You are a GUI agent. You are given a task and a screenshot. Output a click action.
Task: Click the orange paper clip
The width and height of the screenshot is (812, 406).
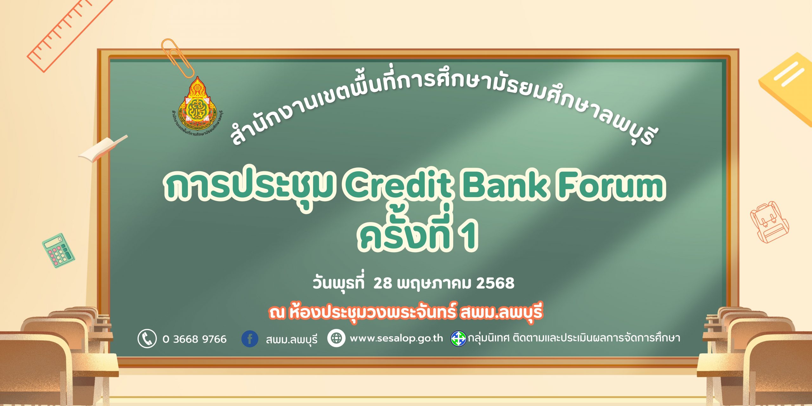tap(178, 57)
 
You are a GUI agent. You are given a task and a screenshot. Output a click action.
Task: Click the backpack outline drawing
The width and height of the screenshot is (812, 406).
tap(769, 222)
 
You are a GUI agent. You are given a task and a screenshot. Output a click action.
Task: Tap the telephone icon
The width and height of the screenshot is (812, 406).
tap(147, 338)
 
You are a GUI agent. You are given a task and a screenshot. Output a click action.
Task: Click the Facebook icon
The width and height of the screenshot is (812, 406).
tap(250, 338)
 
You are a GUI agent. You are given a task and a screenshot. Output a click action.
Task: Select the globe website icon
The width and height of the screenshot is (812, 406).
tap(336, 338)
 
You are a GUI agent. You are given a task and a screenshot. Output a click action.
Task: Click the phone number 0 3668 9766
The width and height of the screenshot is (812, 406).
tap(194, 339)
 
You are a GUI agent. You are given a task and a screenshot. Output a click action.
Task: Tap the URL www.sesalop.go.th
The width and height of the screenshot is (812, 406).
tap(396, 338)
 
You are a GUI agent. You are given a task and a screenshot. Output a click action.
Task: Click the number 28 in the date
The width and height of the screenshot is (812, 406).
tap(383, 283)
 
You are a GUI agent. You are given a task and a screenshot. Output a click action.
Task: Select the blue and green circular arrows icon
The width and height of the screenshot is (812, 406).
tap(459, 338)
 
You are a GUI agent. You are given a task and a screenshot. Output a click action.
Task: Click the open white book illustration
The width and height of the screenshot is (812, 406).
tap(103, 148)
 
